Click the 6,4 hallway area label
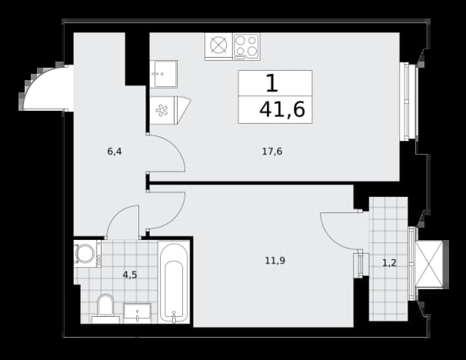click(x=115, y=152)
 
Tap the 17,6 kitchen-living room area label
click(x=272, y=152)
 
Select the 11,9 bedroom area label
click(x=275, y=261)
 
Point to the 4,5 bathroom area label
click(x=130, y=275)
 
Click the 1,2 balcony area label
click(x=389, y=263)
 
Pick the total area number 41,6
click(x=282, y=110)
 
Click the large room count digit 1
click(x=272, y=83)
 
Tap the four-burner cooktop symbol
click(x=246, y=47)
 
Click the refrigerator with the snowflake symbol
click(x=170, y=110)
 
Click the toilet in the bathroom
click(x=106, y=308)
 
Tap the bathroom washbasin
click(x=137, y=313)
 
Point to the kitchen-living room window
click(x=408, y=101)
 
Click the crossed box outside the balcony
click(x=429, y=264)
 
